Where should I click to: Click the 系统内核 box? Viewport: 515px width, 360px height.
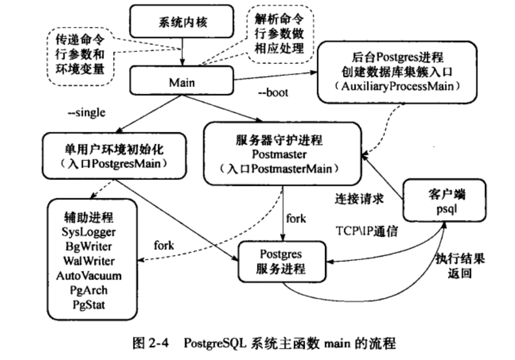coord(181,22)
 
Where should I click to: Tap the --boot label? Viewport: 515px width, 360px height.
coord(273,93)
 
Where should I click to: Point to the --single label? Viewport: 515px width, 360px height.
coord(86,113)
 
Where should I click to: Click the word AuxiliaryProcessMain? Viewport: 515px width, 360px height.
coord(397,86)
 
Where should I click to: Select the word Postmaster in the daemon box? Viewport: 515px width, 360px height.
coord(279,154)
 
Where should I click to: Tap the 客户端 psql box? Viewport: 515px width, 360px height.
coord(444,201)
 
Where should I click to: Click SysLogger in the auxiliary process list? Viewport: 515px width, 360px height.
coord(89,232)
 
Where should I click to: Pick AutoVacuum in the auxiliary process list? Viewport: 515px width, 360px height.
coord(89,276)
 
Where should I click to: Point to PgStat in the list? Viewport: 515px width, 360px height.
coord(89,305)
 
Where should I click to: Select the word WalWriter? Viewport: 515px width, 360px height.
coord(89,261)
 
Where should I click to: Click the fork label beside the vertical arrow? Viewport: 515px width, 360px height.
coord(296,219)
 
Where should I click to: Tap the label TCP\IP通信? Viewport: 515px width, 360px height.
coord(367,231)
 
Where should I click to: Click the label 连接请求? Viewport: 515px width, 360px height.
coord(359,199)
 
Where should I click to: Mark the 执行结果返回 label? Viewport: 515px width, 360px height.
coord(460,266)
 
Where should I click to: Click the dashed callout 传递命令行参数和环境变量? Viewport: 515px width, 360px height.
coord(80,55)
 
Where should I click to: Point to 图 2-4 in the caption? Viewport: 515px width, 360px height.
coord(151,343)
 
